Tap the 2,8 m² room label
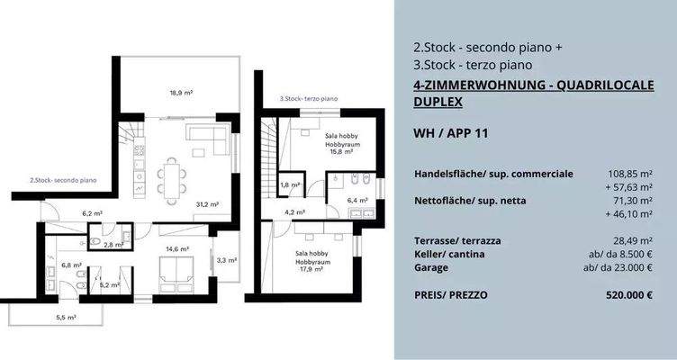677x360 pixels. point(113,245)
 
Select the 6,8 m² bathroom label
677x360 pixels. point(71,265)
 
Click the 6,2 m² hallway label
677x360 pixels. point(92,214)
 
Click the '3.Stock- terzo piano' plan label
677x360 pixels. point(308,98)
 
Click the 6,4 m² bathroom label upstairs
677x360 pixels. point(358,201)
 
